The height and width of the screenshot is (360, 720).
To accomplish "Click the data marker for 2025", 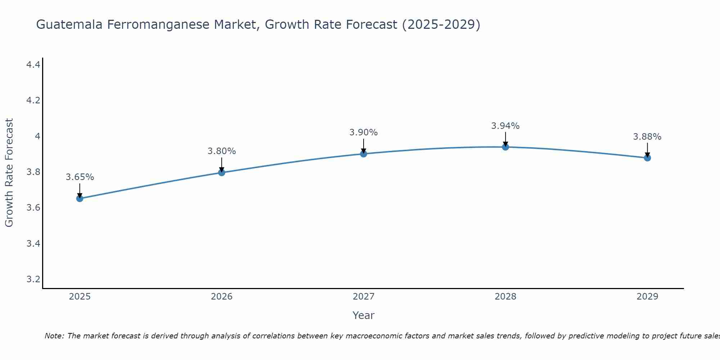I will point(80,198).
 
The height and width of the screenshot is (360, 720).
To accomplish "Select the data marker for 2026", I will point(221,172).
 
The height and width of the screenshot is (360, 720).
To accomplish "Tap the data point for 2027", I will point(363,154).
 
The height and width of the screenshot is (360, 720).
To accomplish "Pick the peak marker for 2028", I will point(505,147).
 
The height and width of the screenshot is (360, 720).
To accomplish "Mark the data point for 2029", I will point(647,158).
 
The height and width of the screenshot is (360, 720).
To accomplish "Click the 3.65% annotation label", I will point(80,177).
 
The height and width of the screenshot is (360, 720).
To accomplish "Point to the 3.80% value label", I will point(221,151).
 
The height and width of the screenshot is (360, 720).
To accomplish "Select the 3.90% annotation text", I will point(363,132).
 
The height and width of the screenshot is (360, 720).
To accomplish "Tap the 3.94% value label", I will point(505,126).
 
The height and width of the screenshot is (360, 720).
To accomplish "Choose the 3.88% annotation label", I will point(647,137).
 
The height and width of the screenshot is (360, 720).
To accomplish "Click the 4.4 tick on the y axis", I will point(33,65).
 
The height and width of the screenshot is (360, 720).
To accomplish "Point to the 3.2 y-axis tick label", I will point(33,279).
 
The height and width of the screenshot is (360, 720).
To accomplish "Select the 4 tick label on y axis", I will point(37,136).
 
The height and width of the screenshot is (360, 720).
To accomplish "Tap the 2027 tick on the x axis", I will point(363,297).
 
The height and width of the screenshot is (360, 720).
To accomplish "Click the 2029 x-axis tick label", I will point(647,297).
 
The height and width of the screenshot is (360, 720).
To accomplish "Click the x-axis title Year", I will point(363,315).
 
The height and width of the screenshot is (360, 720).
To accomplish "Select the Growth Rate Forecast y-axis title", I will point(9,172).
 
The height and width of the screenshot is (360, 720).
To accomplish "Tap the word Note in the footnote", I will point(54,336).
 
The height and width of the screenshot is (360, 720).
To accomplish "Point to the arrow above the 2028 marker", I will point(505,139).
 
